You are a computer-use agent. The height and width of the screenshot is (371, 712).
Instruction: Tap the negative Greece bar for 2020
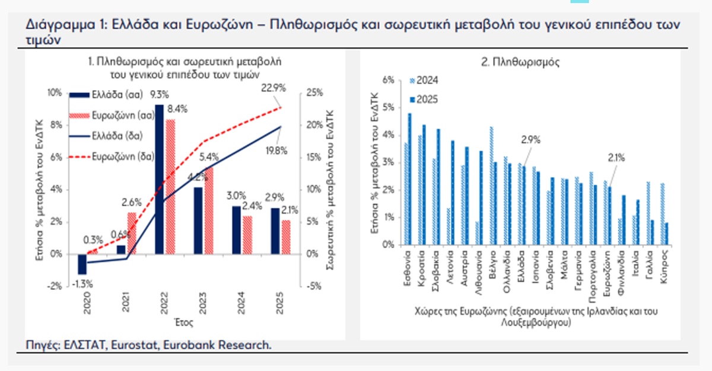(x=82, y=264)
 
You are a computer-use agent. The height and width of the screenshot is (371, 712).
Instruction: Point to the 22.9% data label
(x=274, y=88)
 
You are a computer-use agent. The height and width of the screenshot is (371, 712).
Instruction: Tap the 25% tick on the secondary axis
(x=314, y=93)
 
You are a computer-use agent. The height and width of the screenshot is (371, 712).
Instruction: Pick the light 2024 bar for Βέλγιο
(x=492, y=185)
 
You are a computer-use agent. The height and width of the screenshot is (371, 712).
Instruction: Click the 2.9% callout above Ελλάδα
(x=531, y=140)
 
